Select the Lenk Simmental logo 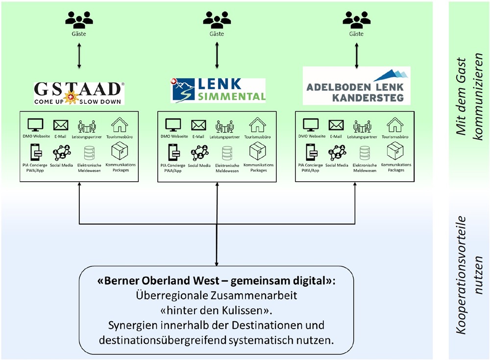218,90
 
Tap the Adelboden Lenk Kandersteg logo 356,86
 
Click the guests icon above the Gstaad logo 79,20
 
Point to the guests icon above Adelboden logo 356,20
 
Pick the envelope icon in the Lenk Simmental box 198,125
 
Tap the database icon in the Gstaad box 90,153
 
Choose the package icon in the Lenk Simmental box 258,152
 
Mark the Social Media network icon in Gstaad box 62,153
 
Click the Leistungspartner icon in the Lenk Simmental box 225,126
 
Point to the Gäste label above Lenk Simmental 217,34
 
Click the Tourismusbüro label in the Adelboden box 395,137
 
